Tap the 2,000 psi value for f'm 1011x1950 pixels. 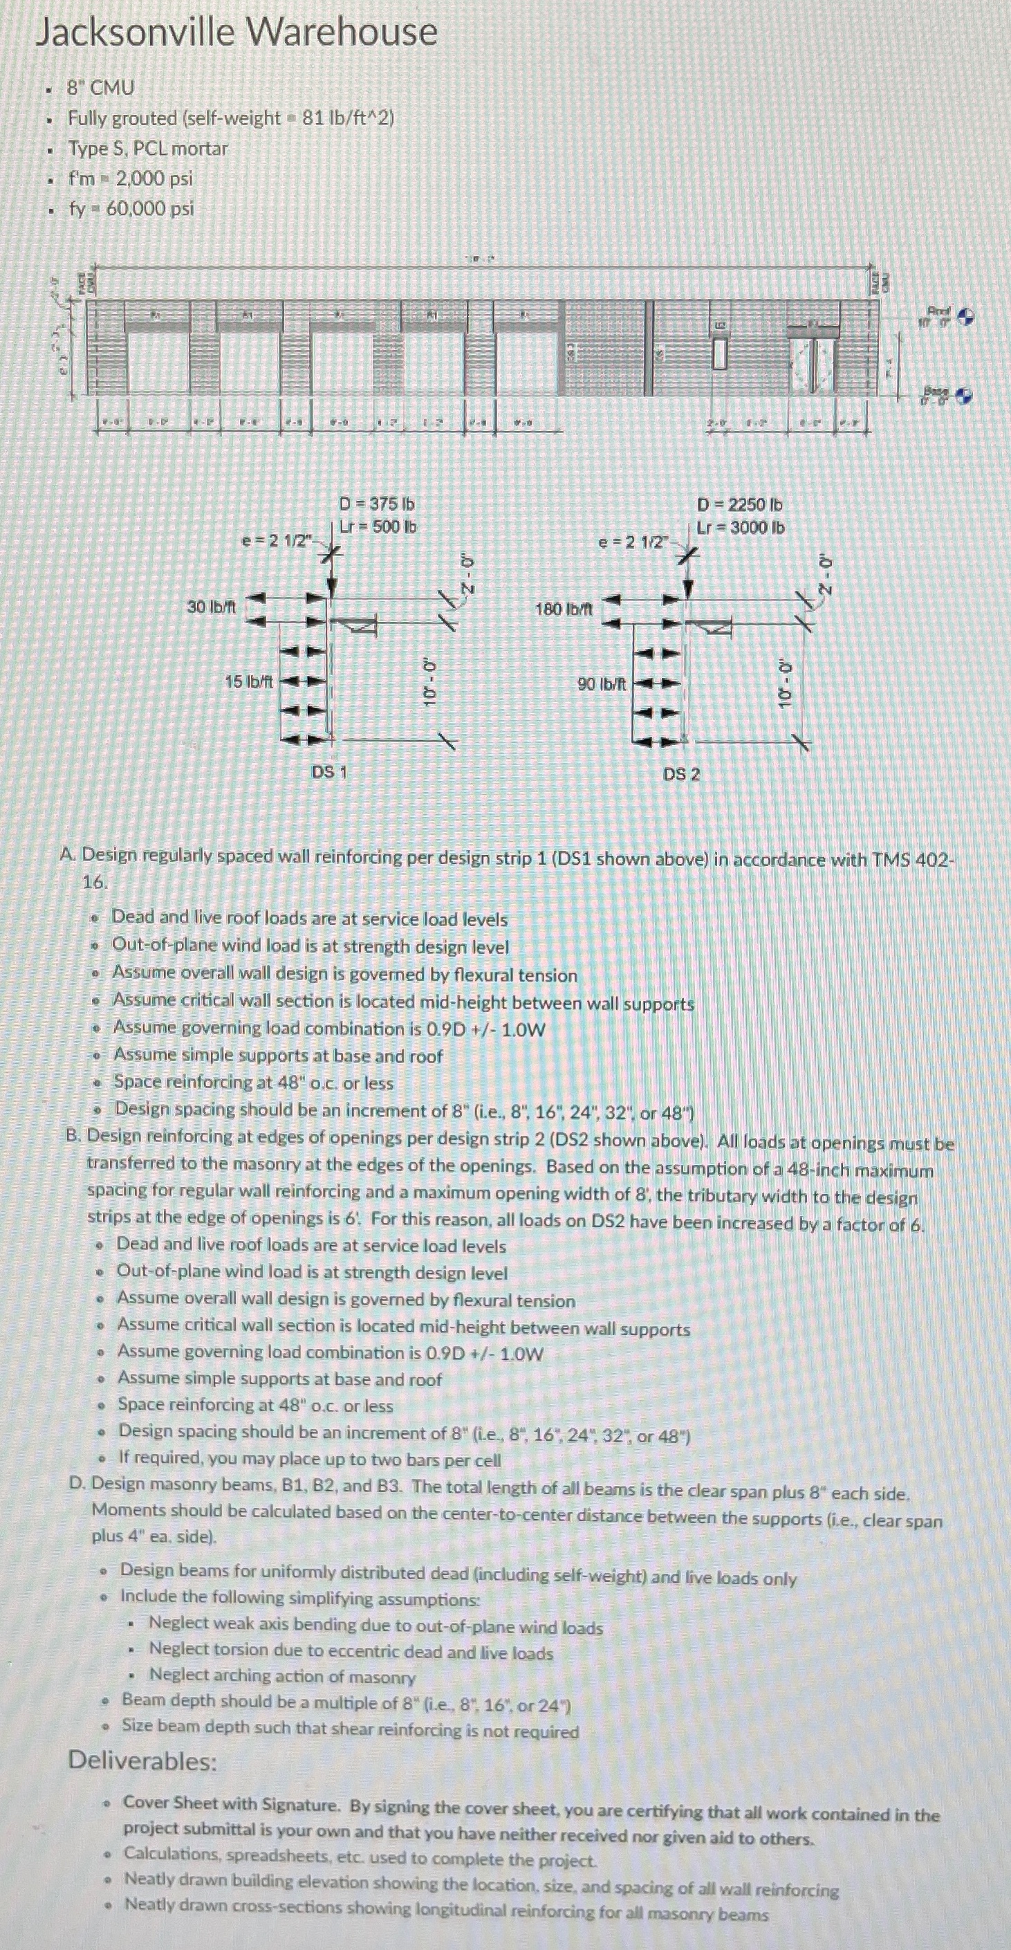(x=154, y=178)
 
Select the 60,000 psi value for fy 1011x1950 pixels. (x=150, y=208)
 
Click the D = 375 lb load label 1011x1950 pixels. (x=376, y=504)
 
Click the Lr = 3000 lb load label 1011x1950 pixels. (x=740, y=528)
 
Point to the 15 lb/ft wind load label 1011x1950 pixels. (x=249, y=681)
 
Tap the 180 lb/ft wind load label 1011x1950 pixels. (x=564, y=609)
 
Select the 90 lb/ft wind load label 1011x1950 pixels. (x=602, y=683)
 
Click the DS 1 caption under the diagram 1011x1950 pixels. (x=329, y=772)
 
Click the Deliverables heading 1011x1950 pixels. (x=142, y=1760)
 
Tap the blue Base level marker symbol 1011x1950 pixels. (x=963, y=395)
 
